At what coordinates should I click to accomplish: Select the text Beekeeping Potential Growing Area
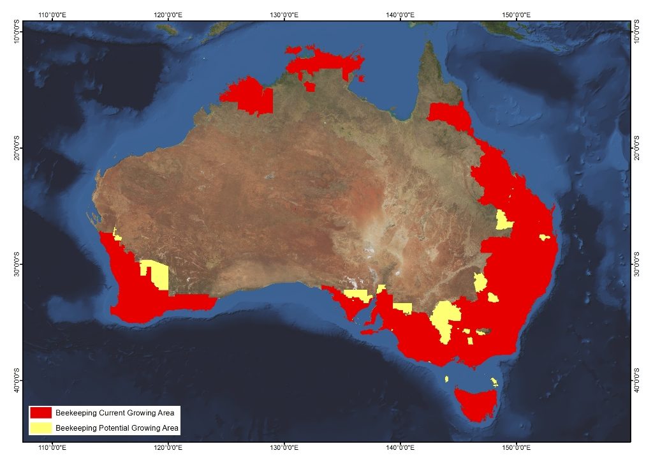[x=117, y=428]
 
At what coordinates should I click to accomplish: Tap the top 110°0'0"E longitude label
[x=54, y=13]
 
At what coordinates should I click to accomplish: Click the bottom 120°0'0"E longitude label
[x=169, y=449]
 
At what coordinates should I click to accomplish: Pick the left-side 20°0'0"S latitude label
[x=17, y=148]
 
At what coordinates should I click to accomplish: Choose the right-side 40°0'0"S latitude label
[x=636, y=380]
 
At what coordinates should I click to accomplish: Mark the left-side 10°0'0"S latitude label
[x=17, y=32]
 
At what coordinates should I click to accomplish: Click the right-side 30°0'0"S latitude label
[x=636, y=264]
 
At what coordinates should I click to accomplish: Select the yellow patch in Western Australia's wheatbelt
[x=155, y=272]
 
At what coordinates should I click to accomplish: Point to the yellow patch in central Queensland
[x=504, y=221]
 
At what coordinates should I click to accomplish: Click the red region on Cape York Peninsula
[x=449, y=115]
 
